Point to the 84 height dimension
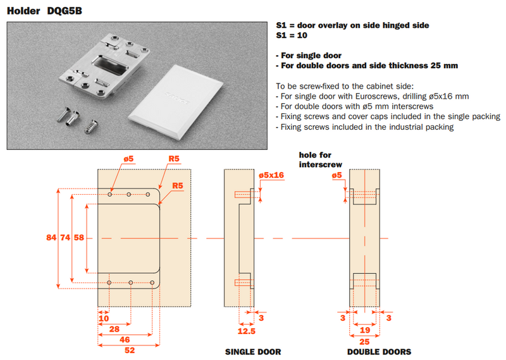(51, 238)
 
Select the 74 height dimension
(65, 238)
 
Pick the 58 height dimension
(78, 238)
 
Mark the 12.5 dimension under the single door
(247, 330)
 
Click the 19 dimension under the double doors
(365, 330)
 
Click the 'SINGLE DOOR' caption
(253, 352)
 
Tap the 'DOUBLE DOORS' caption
(379, 352)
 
